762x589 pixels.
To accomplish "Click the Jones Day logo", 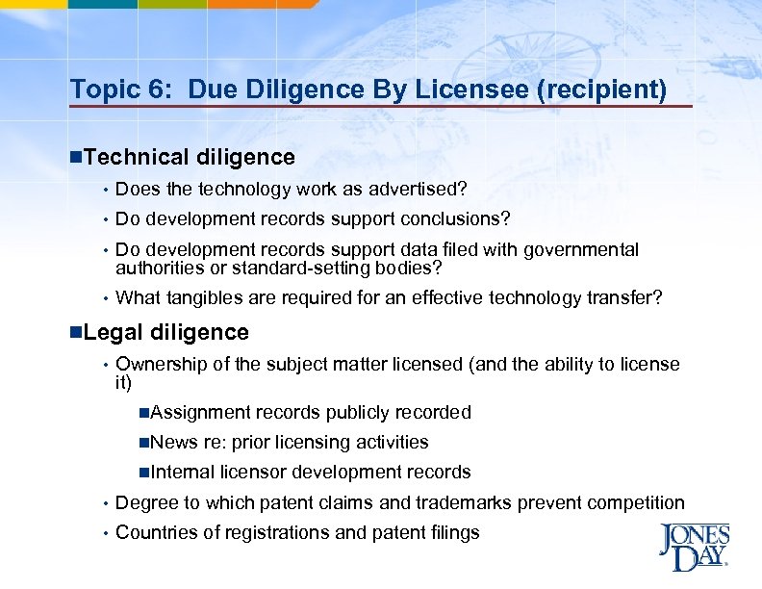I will pyautogui.click(x=693, y=548).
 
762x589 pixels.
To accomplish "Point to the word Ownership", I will pyautogui.click(x=160, y=364).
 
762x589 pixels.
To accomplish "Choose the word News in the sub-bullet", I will pyautogui.click(x=174, y=442).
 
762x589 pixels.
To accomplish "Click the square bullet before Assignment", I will pyautogui.click(x=142, y=413).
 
